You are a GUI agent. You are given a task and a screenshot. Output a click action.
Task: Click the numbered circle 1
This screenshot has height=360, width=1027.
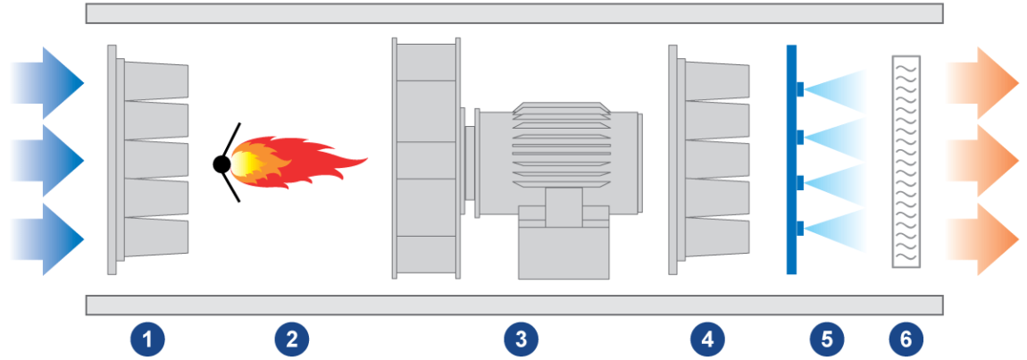pos(147,339)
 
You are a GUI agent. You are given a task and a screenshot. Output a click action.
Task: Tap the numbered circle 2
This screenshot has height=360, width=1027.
pos(291,339)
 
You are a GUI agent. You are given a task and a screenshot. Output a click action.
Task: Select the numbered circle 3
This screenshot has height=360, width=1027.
pos(521,339)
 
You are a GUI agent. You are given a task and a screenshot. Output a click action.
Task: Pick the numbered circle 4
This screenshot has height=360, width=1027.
pos(706,339)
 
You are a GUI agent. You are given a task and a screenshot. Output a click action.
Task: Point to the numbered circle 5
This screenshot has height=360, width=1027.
pos(827,339)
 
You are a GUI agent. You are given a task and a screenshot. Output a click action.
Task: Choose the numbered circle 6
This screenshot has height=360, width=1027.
pos(906,339)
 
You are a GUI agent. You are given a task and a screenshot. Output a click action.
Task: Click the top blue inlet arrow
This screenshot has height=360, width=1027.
pos(48,82)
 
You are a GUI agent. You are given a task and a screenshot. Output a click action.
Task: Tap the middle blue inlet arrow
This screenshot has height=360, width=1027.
pos(48,161)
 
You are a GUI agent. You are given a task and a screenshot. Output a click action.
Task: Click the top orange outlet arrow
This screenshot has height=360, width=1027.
pos(982,82)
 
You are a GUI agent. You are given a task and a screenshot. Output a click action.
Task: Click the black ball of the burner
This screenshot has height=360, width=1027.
pos(222,164)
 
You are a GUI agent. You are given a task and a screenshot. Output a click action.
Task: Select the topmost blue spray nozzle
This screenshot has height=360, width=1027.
pos(800,88)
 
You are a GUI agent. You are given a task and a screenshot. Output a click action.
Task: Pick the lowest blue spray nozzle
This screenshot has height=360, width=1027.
pos(800,228)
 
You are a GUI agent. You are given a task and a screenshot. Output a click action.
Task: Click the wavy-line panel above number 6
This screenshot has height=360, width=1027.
pos(906,162)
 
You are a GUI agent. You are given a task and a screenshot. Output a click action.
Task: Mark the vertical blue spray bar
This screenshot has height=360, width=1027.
pos(791,159)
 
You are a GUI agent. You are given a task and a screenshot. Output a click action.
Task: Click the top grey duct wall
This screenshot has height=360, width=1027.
pos(514,13)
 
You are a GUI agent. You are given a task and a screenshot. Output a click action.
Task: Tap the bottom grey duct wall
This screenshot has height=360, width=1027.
pos(514,305)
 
